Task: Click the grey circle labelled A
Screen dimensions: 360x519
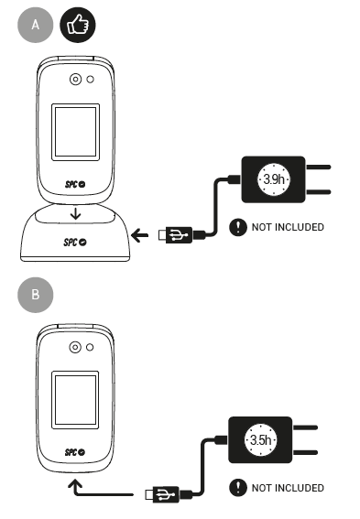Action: [x=36, y=25]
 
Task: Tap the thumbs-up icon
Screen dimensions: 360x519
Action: [x=78, y=25]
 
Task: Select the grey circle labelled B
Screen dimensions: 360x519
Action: [x=36, y=295]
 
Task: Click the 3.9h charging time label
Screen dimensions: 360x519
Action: [x=274, y=179]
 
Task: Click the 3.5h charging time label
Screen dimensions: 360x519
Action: [x=261, y=440]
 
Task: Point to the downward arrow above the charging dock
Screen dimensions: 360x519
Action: [x=76, y=213]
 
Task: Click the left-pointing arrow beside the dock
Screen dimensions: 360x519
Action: [x=139, y=235]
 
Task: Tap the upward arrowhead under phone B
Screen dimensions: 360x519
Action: [x=75, y=484]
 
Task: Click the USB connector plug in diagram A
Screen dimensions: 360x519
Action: [x=176, y=235]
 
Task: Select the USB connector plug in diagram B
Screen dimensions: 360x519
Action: [x=162, y=495]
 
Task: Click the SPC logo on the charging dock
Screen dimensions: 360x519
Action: [x=75, y=243]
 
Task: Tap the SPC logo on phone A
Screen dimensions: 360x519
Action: [x=75, y=184]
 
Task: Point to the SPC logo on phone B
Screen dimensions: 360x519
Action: [x=75, y=452]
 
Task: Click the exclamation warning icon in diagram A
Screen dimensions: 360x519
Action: [x=238, y=227]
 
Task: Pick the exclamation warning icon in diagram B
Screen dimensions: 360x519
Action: [x=238, y=488]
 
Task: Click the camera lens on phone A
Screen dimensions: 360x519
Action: [x=75, y=80]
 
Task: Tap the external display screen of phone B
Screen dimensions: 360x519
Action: [x=75, y=400]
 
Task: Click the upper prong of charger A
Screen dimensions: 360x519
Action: [x=318, y=168]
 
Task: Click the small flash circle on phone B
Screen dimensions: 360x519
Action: [x=90, y=347]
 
